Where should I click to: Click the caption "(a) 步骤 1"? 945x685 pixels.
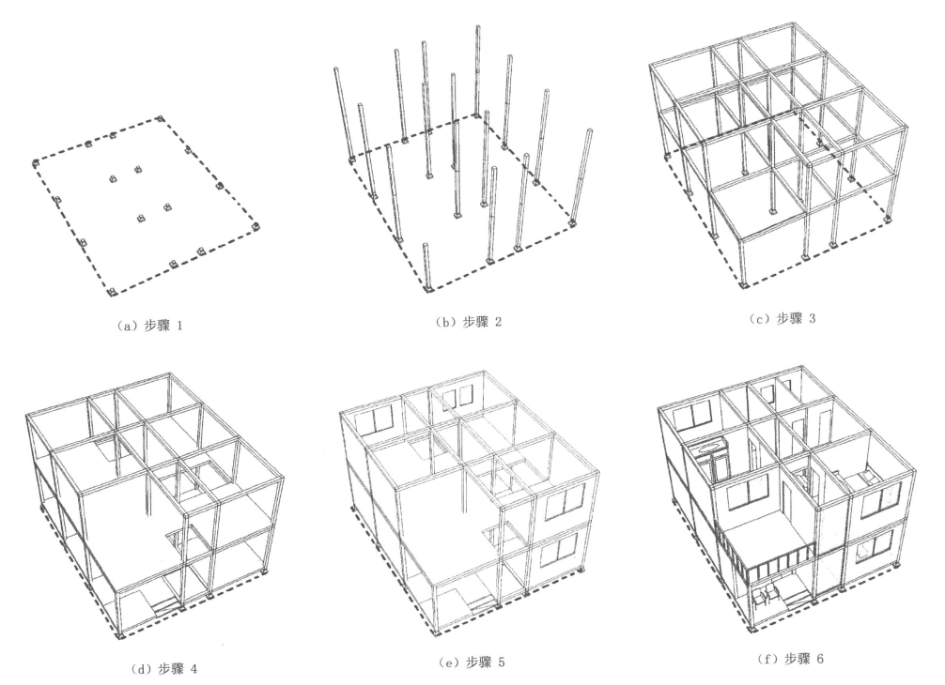pos(149,326)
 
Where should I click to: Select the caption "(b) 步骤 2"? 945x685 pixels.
pos(469,322)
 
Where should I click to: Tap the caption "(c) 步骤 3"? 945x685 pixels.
pos(782,318)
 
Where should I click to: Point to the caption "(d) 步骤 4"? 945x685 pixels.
pos(163,668)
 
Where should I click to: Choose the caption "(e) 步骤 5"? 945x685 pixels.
pos(472,662)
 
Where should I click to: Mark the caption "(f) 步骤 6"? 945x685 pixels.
pos(789,659)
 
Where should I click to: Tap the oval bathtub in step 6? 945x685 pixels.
pos(709,447)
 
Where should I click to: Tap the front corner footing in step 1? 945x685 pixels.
pos(110,292)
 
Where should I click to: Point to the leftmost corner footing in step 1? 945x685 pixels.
pos(35,163)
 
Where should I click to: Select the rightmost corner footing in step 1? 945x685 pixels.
pos(256,227)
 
